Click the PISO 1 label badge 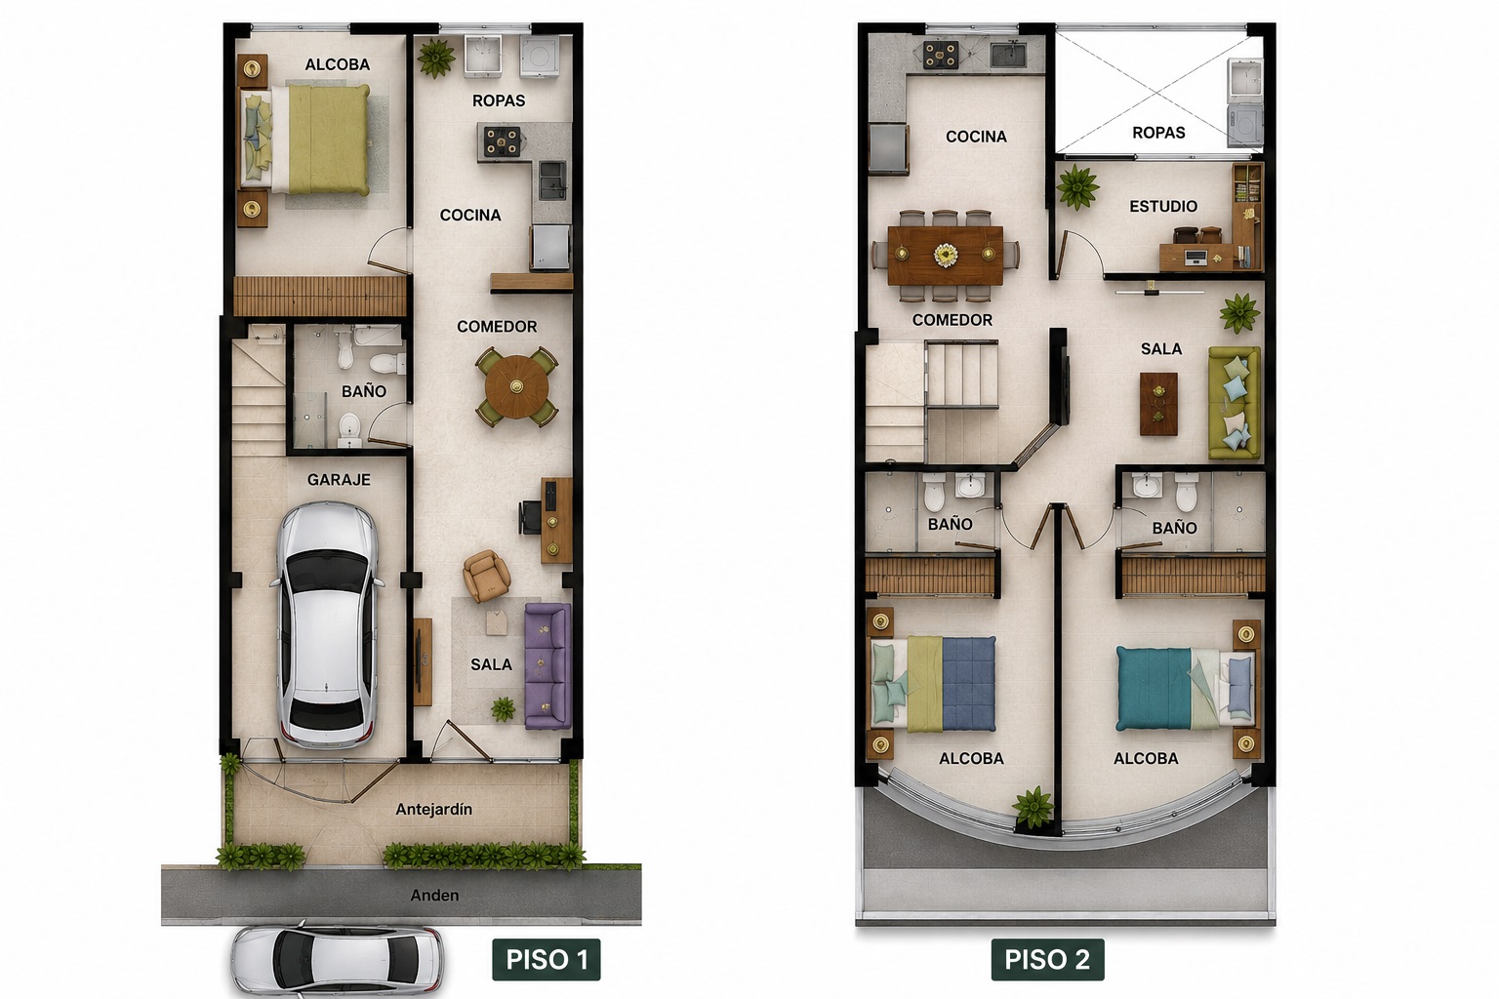click(547, 959)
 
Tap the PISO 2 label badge click(1047, 959)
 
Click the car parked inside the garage click(327, 624)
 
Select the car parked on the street click(337, 960)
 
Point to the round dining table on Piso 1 click(516, 386)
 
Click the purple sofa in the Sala click(547, 665)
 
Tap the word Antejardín click(433, 809)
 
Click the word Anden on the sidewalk click(434, 895)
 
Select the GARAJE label click(339, 479)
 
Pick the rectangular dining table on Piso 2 click(945, 256)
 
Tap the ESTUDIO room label click(1163, 206)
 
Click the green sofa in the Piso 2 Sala click(1234, 403)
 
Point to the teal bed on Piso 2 click(1185, 688)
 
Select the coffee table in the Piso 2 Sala click(1158, 404)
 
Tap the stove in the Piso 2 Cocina click(940, 55)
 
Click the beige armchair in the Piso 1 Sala click(487, 576)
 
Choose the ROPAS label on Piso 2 click(1158, 133)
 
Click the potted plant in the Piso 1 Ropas click(435, 58)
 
